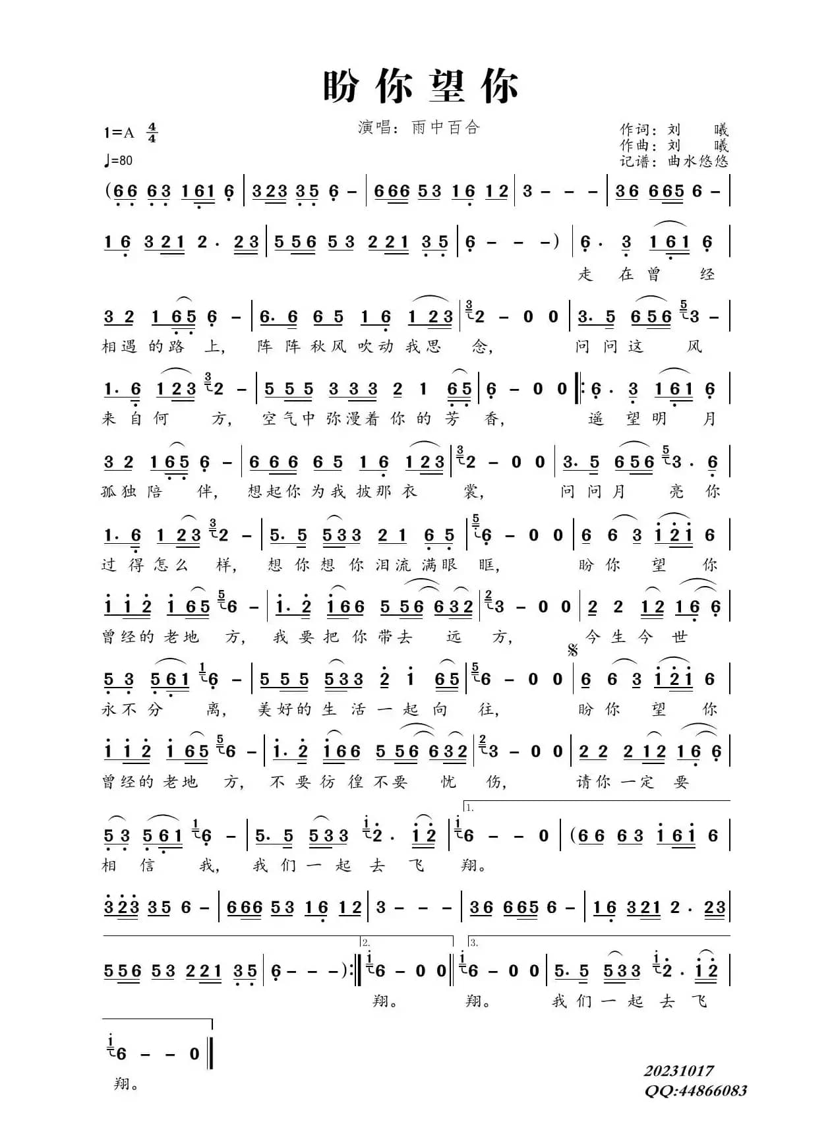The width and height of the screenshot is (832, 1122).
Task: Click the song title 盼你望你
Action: coord(420,86)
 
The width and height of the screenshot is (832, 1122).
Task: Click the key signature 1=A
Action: coord(119,133)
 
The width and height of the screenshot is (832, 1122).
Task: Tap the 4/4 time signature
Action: coord(152,133)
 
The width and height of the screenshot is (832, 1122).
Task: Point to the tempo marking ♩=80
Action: coord(117,160)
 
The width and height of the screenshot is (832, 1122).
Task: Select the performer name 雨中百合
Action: coord(446,127)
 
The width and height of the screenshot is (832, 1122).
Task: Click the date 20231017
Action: coord(678,1071)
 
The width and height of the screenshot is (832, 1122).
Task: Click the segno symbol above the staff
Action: coord(572,651)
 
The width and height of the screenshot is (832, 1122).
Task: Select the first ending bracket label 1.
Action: coord(469,807)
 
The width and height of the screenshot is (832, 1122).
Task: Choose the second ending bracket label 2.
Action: coord(366,943)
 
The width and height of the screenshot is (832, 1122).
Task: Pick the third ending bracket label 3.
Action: coord(473,943)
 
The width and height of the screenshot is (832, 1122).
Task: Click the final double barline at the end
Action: coord(211,1053)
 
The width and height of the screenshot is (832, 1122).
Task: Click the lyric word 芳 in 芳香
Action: coord(452,419)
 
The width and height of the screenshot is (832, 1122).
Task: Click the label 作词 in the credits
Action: coord(636,129)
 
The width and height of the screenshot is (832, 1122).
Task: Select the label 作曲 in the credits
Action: coord(636,145)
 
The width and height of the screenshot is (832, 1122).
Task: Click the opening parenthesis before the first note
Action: coord(107,191)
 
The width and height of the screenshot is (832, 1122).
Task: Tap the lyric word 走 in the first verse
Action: coord(585,274)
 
